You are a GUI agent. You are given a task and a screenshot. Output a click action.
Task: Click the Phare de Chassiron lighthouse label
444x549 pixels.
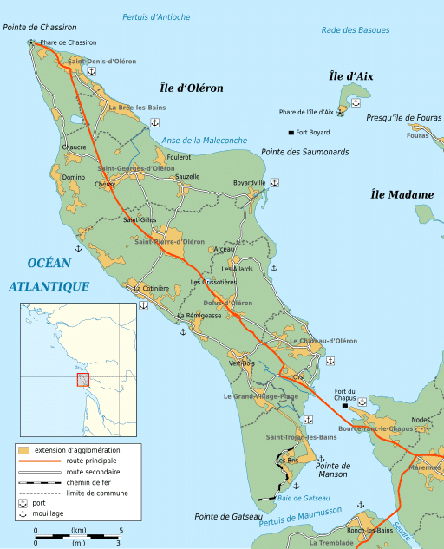click(68, 42)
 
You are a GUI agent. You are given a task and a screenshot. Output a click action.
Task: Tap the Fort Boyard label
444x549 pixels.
click(313, 132)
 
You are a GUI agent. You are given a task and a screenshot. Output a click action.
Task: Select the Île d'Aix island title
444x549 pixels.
click(351, 76)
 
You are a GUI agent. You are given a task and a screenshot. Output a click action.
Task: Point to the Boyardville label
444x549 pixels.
click(250, 182)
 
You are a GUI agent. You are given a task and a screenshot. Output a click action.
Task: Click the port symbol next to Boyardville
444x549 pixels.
click(275, 182)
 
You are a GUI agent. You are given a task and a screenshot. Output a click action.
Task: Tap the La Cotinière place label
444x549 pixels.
click(150, 288)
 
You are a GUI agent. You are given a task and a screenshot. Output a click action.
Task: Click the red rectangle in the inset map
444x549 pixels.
click(83, 380)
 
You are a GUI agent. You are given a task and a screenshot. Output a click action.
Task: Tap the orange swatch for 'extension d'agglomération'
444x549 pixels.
click(24, 450)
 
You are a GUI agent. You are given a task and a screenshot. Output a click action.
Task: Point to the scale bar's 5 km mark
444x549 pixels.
click(121, 529)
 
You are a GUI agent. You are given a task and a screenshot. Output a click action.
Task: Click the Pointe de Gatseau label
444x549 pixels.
click(228, 516)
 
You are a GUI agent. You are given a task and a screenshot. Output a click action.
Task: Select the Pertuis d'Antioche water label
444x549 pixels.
click(156, 17)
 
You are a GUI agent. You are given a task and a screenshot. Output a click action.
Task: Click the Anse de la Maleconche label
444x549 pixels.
click(204, 140)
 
